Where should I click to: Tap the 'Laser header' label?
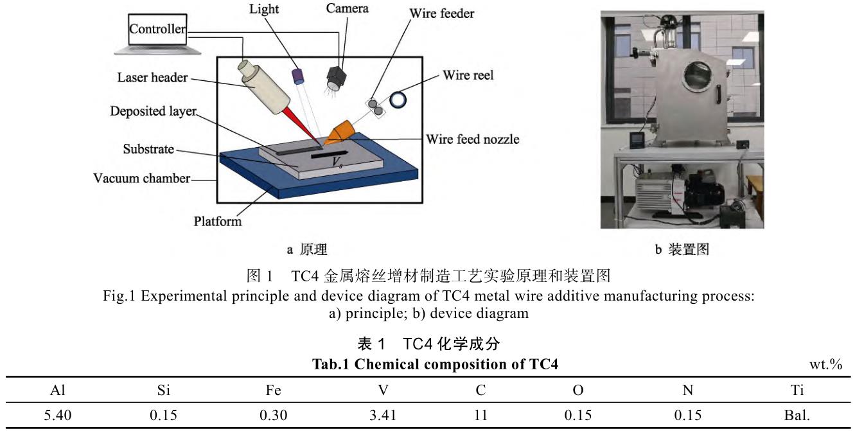[152, 78]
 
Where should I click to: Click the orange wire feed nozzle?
[340, 131]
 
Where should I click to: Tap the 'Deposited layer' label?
[152, 111]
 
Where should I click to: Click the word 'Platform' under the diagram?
[218, 222]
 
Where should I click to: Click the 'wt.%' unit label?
[826, 364]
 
